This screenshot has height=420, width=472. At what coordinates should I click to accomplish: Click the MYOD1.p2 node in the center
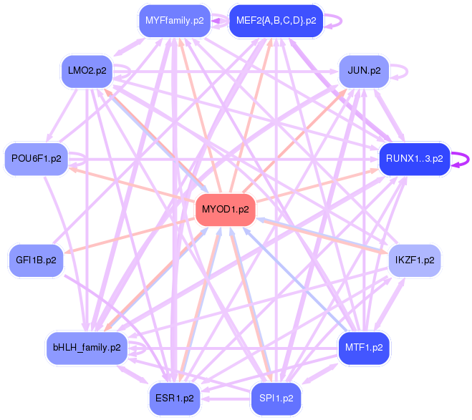(226, 210)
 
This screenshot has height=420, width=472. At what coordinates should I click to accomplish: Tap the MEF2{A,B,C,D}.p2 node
(276, 21)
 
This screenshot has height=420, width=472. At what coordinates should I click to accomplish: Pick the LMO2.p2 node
(87, 71)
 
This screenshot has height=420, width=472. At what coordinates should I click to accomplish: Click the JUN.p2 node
(363, 71)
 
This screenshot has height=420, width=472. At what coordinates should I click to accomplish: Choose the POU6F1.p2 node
(36, 158)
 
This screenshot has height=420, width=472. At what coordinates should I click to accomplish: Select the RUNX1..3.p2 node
(414, 158)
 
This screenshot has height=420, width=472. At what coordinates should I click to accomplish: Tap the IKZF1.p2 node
(414, 260)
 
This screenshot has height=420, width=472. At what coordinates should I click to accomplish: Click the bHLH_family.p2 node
(87, 348)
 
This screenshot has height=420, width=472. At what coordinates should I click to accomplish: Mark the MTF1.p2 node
(364, 348)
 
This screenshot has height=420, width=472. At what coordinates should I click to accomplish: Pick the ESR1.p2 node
(175, 398)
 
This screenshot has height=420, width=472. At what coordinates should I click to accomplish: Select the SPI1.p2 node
(276, 398)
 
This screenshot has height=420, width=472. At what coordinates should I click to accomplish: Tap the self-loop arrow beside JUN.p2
(406, 71)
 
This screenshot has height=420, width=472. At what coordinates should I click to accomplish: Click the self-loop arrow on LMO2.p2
(129, 71)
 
